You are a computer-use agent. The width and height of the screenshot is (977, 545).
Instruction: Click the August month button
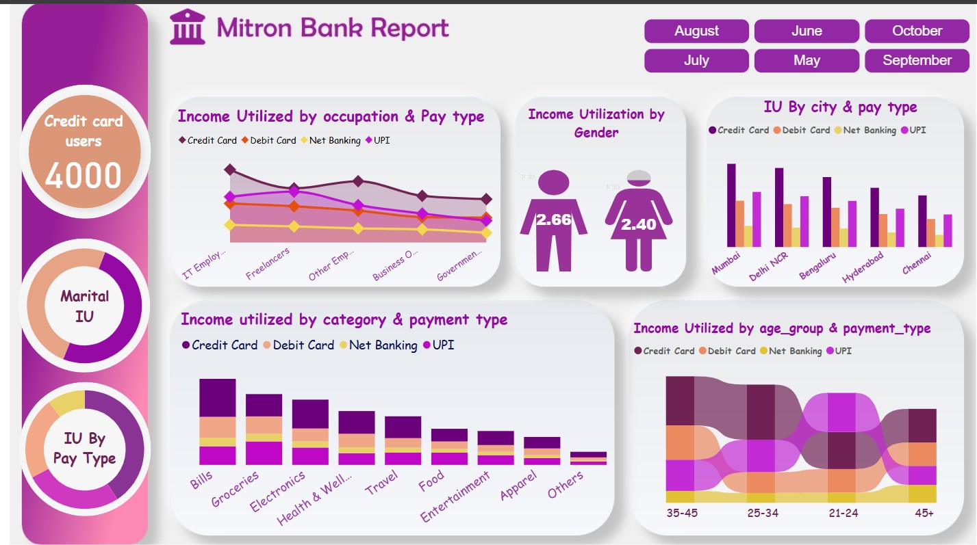pyautogui.click(x=696, y=31)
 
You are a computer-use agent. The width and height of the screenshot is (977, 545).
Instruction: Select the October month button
pyautogui.click(x=917, y=31)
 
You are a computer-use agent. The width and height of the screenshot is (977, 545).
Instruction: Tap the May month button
pyautogui.click(x=807, y=60)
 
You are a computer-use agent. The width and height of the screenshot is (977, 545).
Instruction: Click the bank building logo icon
pyautogui.click(x=188, y=27)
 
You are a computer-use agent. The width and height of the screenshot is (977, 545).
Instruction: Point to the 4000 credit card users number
pyautogui.click(x=84, y=175)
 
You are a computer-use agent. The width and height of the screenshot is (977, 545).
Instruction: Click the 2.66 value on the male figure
pyautogui.click(x=553, y=220)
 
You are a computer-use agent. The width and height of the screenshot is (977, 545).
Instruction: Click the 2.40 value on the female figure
pyautogui.click(x=638, y=224)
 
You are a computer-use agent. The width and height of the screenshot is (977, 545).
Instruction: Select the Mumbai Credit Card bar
pyautogui.click(x=731, y=204)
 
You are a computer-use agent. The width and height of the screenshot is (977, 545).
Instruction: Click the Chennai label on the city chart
pyautogui.click(x=917, y=263)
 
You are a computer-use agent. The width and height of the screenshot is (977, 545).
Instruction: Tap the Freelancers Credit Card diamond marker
pyautogui.click(x=294, y=188)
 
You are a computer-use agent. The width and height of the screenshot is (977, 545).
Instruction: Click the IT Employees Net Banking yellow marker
pyautogui.click(x=230, y=224)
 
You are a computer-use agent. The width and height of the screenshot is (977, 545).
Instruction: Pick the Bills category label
pyautogui.click(x=202, y=480)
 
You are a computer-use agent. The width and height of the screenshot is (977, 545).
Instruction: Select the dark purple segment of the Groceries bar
pyautogui.click(x=264, y=405)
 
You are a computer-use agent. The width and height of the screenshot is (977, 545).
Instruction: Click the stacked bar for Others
pyautogui.click(x=588, y=458)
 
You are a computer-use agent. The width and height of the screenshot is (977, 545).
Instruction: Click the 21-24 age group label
pyautogui.click(x=842, y=512)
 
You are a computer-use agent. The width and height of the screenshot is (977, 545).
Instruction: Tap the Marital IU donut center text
pyautogui.click(x=84, y=306)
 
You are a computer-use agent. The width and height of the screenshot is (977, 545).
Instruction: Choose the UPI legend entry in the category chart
pyautogui.click(x=438, y=345)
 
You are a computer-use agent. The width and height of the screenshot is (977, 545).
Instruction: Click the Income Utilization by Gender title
pyautogui.click(x=596, y=123)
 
